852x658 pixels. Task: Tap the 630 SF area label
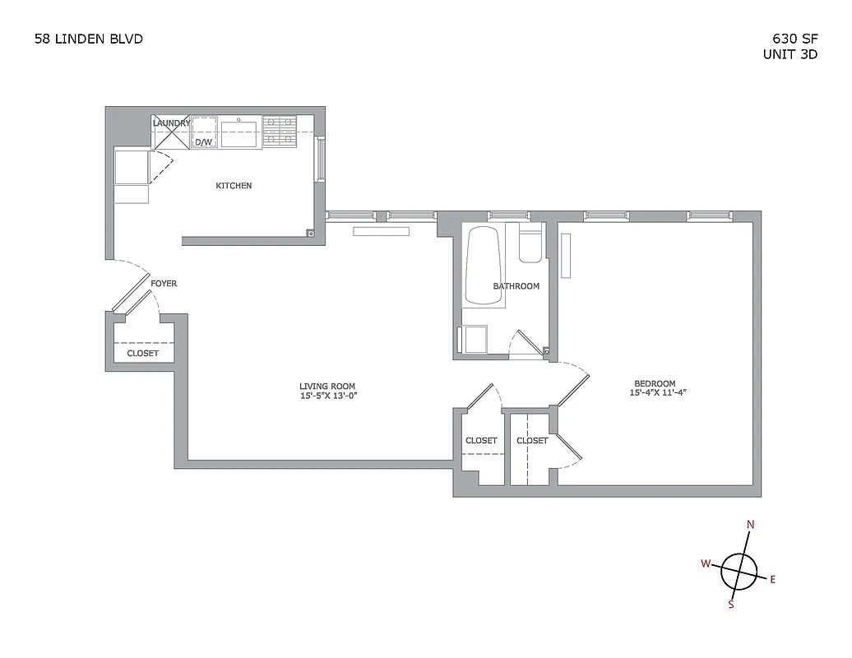[x=794, y=38]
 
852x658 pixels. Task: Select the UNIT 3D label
[x=790, y=55]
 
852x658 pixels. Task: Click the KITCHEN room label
[x=234, y=186]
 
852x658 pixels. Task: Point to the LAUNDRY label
[x=171, y=123]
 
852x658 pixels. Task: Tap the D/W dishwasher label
[x=203, y=141]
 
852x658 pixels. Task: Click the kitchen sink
[x=238, y=132]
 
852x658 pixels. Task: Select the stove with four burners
[x=280, y=132]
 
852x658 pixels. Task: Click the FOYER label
[x=164, y=284]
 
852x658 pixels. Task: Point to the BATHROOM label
[x=516, y=286]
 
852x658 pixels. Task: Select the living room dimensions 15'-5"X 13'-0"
[x=328, y=396]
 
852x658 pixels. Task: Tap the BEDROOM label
[x=655, y=383]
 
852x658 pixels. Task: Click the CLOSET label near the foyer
[x=142, y=354]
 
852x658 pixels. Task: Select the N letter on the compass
[x=750, y=525]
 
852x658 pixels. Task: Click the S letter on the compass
[x=730, y=605]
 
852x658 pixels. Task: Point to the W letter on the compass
[x=705, y=563]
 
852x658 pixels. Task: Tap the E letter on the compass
[x=772, y=579]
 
